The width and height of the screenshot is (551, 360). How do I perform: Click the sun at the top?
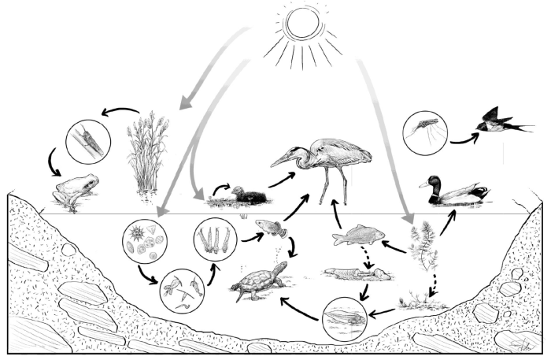click(x=303, y=22)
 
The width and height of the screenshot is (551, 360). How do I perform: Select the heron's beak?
click(x=283, y=161)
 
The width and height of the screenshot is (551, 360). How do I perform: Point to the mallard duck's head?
click(x=432, y=183)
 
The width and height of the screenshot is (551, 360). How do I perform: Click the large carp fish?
click(x=358, y=235)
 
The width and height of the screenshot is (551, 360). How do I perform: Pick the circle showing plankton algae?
click(x=146, y=240)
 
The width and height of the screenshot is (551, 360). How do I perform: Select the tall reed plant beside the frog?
click(x=146, y=154)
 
